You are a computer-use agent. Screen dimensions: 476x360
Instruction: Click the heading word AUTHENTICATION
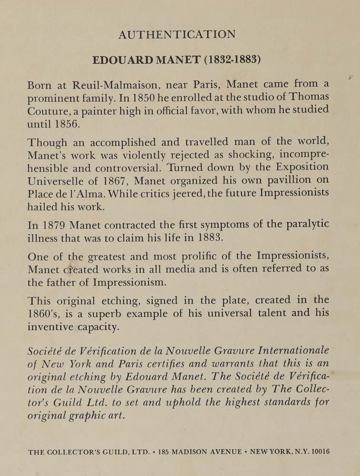[177, 35]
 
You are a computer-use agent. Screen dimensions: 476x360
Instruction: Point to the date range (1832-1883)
[227, 61]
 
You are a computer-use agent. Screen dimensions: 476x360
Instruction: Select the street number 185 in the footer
[165, 452]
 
